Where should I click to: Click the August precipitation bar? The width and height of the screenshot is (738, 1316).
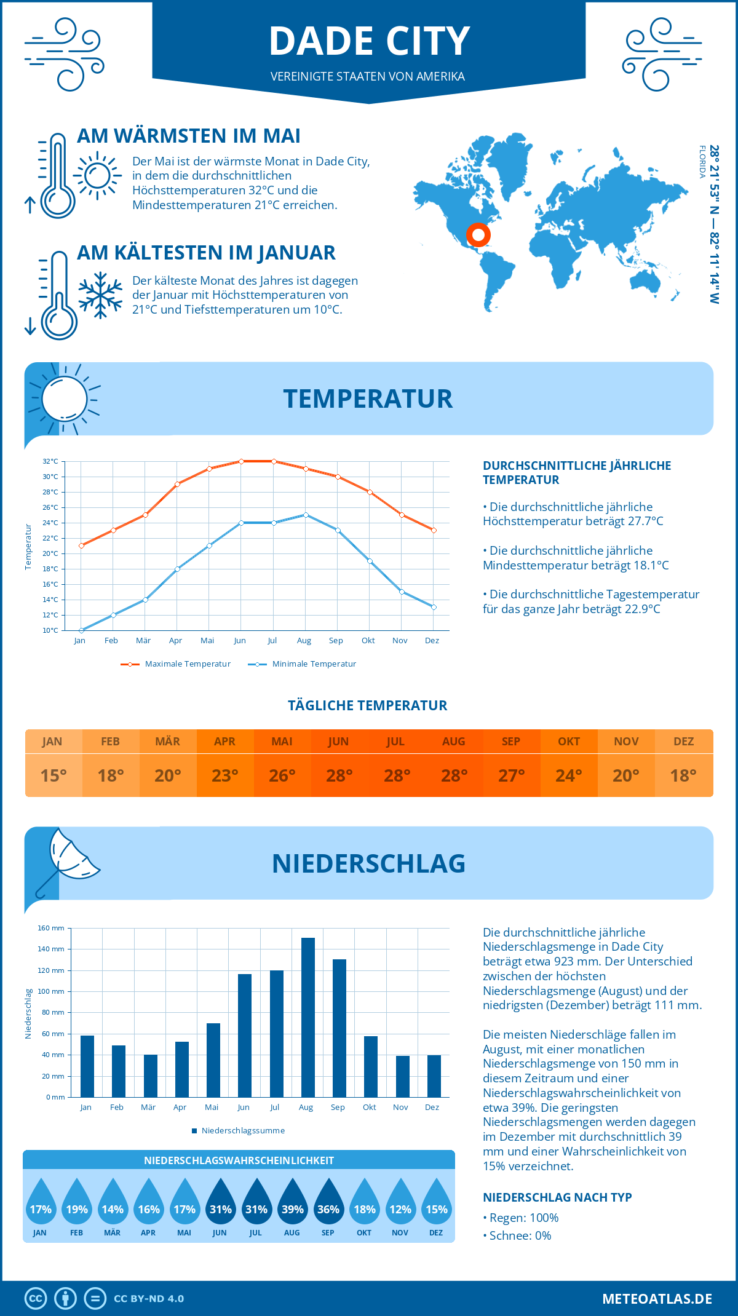tap(307, 1017)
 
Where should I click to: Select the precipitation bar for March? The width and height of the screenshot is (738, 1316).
tap(150, 1076)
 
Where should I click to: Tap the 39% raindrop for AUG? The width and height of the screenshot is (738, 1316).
tap(292, 1205)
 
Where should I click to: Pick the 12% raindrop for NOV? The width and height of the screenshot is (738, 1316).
tap(400, 1205)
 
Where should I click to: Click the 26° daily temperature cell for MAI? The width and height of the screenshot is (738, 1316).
tap(282, 775)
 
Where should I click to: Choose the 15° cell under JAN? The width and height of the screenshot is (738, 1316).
tap(54, 775)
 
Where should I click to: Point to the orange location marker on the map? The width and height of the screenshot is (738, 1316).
tap(478, 235)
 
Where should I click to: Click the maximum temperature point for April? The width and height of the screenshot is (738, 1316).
tap(177, 484)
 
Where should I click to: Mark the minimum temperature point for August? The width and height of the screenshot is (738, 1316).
tap(306, 515)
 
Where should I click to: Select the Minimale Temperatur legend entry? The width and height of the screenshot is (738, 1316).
tap(303, 664)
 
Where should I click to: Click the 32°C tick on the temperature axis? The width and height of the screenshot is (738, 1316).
tap(50, 461)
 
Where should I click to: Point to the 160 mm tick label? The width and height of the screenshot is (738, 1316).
tap(51, 928)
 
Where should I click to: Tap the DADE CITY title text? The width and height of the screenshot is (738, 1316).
tap(369, 41)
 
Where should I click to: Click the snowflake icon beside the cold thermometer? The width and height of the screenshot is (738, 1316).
tap(100, 295)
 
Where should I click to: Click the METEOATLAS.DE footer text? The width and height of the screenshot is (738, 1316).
tap(657, 1298)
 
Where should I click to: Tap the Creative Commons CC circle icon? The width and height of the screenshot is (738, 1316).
tap(36, 1298)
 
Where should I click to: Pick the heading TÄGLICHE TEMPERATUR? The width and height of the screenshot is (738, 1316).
tap(367, 705)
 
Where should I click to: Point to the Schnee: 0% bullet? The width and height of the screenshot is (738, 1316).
tap(517, 1235)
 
